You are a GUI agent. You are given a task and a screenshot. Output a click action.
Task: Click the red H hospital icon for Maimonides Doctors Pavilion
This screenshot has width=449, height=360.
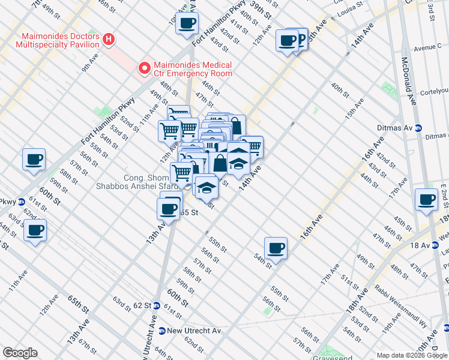[109, 40]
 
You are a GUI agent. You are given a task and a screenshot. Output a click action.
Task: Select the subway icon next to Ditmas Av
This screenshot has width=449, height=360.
[419, 128]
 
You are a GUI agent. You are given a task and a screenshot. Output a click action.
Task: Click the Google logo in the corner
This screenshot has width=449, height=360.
[20, 353]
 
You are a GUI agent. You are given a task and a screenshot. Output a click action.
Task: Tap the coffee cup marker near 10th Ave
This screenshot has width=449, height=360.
[187, 23]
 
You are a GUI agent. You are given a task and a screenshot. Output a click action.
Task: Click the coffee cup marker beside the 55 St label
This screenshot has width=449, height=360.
[169, 209]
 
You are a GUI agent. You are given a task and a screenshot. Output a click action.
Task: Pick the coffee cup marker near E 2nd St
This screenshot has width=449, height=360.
[427, 199]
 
